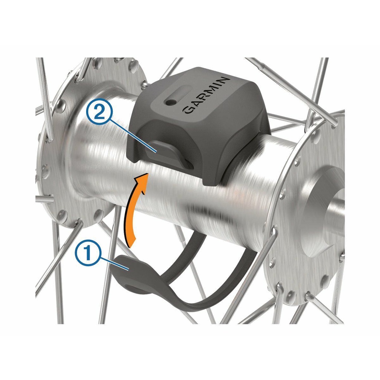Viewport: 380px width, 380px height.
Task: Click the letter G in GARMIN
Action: point(188,110)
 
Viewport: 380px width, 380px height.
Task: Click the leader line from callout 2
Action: point(133,136)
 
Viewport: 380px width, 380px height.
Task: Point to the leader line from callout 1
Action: point(114,264)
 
